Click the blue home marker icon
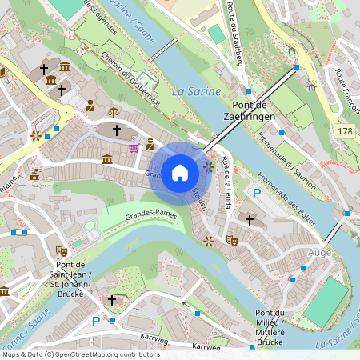coord(180,173)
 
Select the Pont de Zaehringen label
coord(253,110)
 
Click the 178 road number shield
coord(344,130)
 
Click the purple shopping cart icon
coord(134,147)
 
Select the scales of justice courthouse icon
coord(112,113)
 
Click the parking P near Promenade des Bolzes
coord(257,194)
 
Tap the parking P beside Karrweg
coord(96,322)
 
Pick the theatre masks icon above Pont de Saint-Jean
coord(60,250)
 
